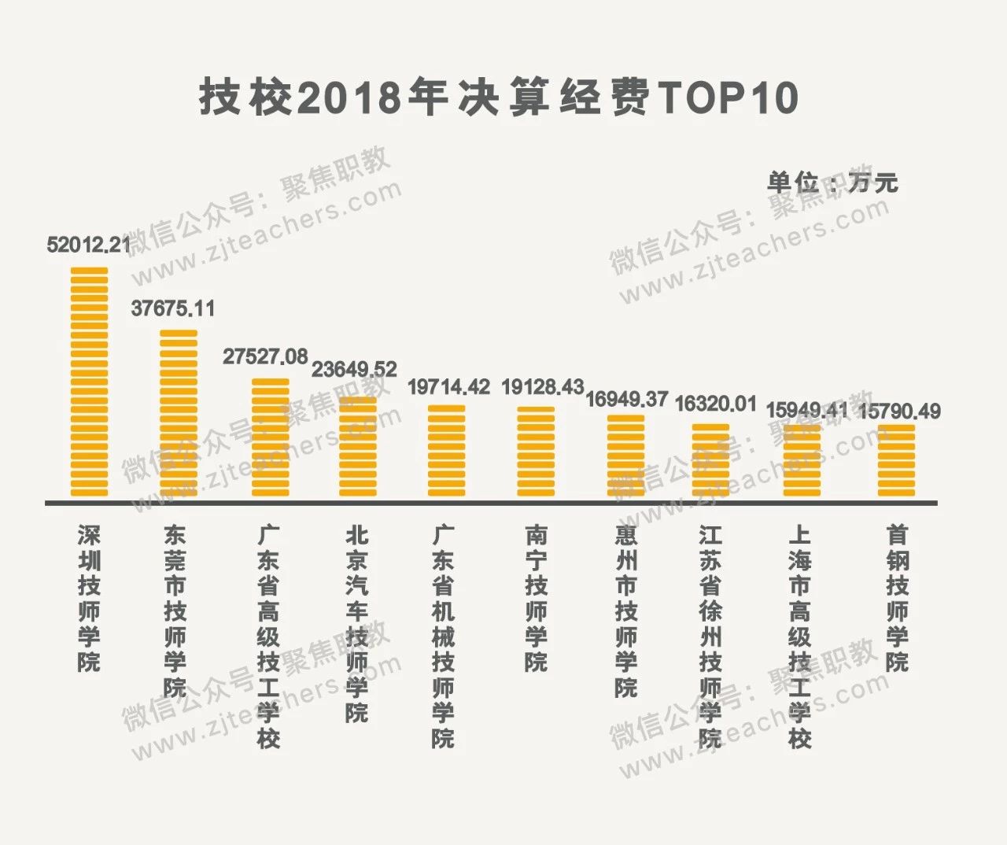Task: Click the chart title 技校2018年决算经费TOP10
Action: pos(499,98)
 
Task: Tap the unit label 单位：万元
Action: pos(832,183)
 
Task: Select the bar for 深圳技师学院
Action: pos(89,382)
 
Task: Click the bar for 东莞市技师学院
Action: pos(179,413)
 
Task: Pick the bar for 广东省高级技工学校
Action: pos(270,437)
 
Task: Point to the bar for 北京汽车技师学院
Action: pos(357,447)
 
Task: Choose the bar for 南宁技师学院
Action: pos(536,452)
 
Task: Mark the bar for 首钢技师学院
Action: pos(896,460)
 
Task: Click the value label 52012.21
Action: pos(89,245)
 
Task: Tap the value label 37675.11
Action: pos(173,308)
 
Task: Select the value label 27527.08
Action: pos(265,356)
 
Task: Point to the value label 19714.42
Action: pos(448,387)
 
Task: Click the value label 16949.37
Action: pos(626,399)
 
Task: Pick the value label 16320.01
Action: pos(716,404)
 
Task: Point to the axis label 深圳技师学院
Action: pos(89,598)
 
